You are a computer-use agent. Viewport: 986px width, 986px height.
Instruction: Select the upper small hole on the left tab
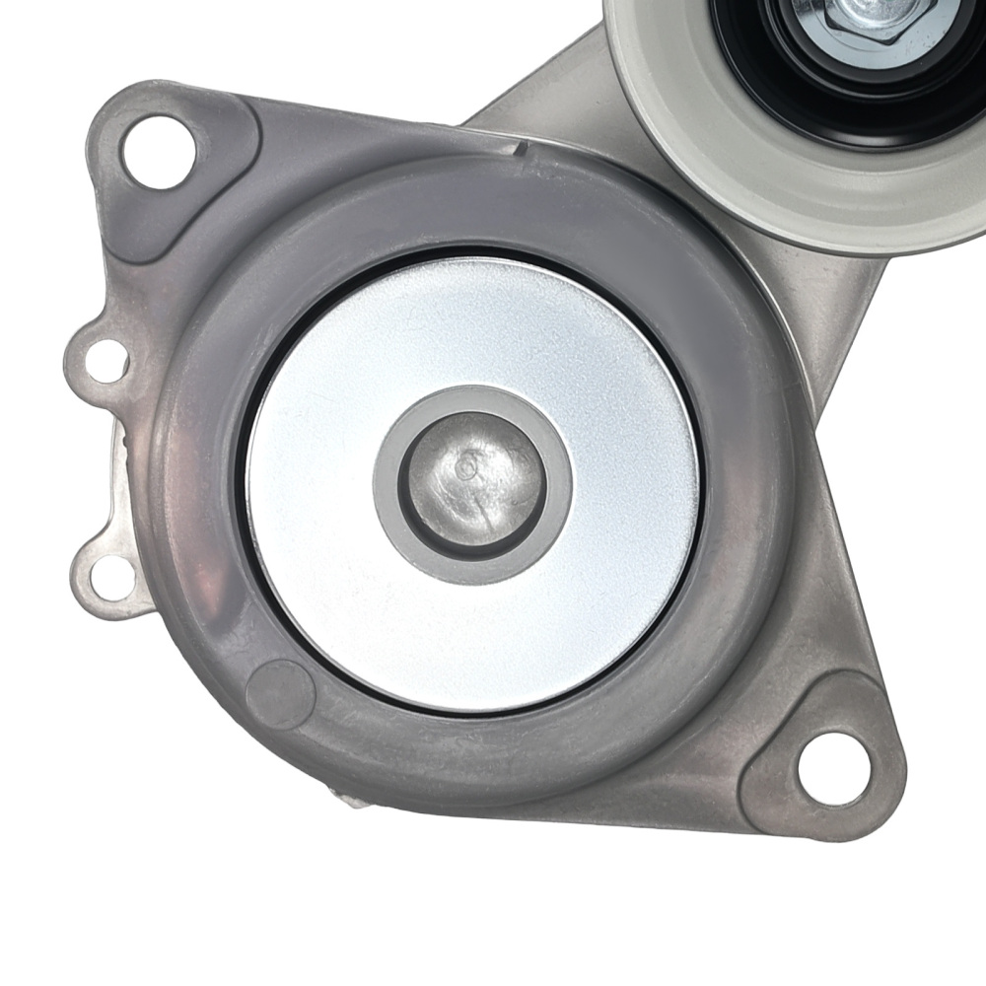(x=104, y=360)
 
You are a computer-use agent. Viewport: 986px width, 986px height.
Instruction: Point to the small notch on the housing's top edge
(x=520, y=150)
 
